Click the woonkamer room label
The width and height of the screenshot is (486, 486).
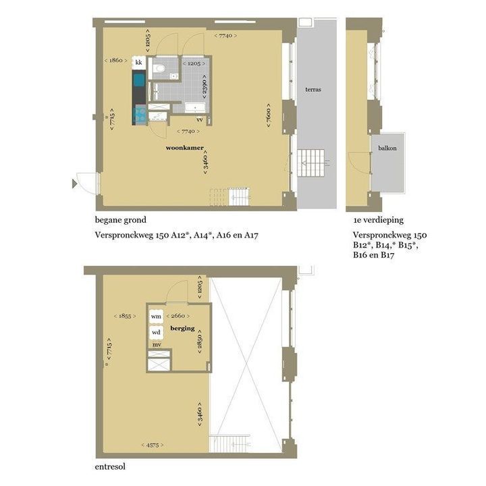185,148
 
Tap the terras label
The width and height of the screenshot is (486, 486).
313,90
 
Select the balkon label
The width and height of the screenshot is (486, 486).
387,148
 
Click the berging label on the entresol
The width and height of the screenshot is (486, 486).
182,328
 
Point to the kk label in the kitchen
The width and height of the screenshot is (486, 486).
138,62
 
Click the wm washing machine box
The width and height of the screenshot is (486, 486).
156,316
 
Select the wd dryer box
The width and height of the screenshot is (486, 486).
156,333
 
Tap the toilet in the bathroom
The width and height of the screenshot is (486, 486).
160,68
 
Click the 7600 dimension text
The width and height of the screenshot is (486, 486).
269,115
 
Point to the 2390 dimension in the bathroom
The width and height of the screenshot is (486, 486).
205,86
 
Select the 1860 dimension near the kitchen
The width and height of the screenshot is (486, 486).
115,60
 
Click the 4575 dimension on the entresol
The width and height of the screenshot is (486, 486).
153,445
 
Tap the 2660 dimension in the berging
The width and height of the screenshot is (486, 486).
178,316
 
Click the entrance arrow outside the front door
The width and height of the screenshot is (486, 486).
74,184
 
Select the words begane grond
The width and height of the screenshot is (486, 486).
121,220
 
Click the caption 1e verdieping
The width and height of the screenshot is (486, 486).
379,220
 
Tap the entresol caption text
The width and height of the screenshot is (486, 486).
110,467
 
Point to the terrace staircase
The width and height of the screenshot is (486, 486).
311,163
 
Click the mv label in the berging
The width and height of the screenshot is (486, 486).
157,345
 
